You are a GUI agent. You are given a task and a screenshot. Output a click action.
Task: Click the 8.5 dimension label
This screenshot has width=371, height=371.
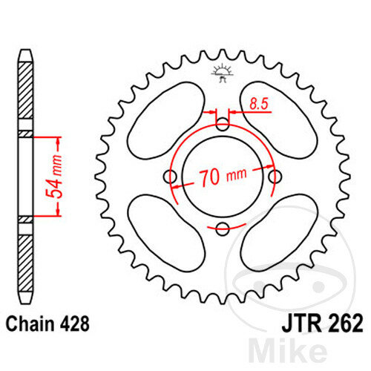pyautogui.click(x=259, y=104)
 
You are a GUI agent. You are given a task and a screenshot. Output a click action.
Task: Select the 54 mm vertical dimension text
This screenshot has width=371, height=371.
pyautogui.click(x=53, y=177)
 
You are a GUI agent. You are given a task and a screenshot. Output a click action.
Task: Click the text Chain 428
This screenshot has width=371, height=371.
pyautogui.click(x=47, y=324)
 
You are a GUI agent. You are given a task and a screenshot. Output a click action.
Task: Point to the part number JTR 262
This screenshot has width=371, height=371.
pyautogui.click(x=322, y=324)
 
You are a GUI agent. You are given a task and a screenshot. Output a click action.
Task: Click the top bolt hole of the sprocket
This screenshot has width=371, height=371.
pyautogui.click(x=223, y=124)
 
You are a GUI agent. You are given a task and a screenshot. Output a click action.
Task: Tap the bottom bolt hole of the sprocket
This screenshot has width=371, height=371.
pyautogui.click(x=223, y=229)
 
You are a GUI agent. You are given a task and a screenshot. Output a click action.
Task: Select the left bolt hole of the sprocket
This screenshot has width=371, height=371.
pyautogui.click(x=170, y=177)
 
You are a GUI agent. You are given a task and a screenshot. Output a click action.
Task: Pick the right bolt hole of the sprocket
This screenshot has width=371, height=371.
pyautogui.click(x=275, y=177)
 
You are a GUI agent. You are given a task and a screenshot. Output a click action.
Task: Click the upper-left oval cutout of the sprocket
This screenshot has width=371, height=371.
pyautogui.click(x=166, y=120)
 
